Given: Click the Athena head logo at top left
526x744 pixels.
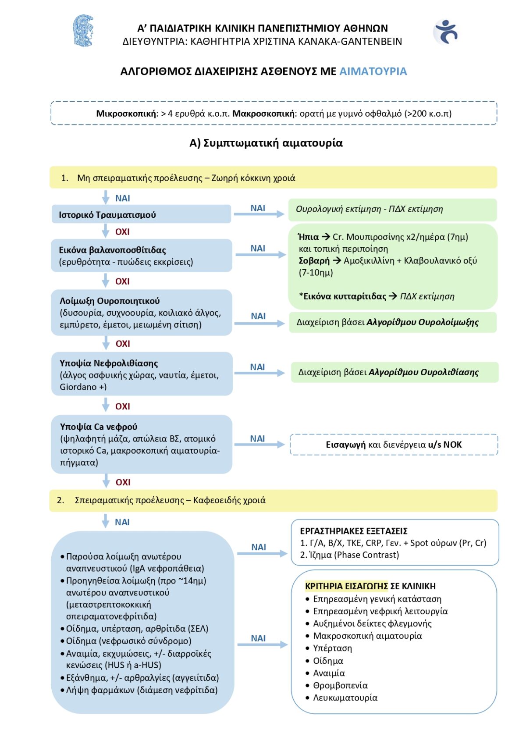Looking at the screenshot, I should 83,31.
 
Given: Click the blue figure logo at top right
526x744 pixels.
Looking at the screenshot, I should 446,32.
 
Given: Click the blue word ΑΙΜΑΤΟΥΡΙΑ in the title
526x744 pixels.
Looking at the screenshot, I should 373,71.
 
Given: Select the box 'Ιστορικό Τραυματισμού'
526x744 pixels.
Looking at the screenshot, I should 141,214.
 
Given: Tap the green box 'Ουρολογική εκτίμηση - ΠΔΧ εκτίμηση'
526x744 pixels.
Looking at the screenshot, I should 392,209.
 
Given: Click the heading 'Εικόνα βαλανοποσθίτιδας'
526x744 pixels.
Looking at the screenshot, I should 112,250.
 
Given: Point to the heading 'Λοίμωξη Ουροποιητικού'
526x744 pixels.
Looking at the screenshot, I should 110,301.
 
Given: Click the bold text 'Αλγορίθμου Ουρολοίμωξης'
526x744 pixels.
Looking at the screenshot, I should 423,322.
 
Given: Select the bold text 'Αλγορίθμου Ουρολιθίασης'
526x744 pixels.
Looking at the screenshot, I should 423,372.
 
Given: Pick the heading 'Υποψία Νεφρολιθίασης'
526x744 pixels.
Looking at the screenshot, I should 109,363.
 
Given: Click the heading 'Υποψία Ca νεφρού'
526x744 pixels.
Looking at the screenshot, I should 99,427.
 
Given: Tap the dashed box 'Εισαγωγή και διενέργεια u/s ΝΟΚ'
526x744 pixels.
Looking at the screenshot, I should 394,445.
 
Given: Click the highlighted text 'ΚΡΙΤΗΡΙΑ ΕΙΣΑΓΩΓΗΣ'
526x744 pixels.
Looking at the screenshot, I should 346,586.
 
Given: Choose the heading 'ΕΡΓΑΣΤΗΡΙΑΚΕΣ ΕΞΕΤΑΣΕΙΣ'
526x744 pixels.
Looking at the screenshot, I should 354,531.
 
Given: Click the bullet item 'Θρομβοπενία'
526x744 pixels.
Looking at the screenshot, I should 340,685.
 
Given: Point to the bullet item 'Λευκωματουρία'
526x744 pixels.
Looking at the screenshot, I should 345,698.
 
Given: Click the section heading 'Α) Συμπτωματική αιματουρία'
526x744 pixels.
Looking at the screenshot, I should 266,143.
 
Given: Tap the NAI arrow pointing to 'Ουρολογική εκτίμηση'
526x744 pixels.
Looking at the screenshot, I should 259,213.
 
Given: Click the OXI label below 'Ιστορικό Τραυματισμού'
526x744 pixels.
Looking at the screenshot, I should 122,231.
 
